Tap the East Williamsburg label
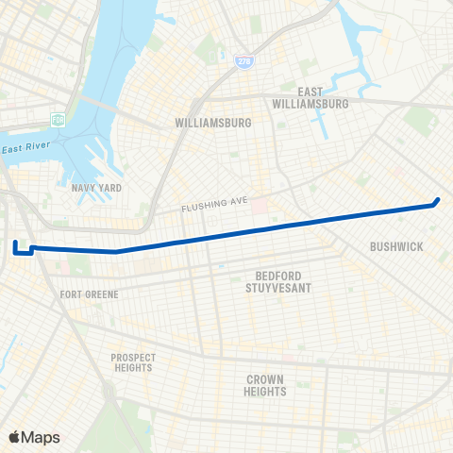click(x=310, y=98)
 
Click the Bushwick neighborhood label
click(x=396, y=246)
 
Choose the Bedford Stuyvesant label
click(x=271, y=282)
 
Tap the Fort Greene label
click(x=89, y=294)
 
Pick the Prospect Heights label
click(x=133, y=362)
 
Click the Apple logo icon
click(x=14, y=437)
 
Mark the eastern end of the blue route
click(x=438, y=200)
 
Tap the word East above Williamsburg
click(x=310, y=92)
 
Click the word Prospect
click(x=133, y=357)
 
